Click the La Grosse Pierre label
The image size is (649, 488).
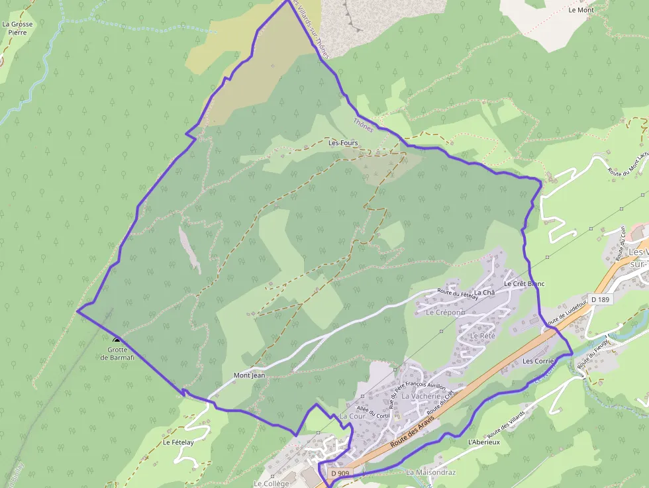tap(17, 28)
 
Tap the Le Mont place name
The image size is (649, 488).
tap(581, 10)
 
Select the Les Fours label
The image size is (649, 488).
tap(343, 142)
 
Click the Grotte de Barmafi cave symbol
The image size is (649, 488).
tap(117, 340)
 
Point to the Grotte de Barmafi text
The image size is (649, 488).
tap(117, 354)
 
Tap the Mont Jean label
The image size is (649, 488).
tap(249, 375)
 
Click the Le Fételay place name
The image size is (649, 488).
tap(178, 442)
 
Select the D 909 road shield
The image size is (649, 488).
tap(339, 473)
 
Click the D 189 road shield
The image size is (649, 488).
tap(600, 299)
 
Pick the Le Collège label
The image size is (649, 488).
tap(272, 483)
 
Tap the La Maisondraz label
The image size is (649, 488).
tap(431, 472)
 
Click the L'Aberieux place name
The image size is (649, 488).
tap(483, 442)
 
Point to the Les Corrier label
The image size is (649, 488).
tap(538, 361)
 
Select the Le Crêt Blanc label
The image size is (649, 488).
tap(524, 283)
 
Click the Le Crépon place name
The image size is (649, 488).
tap(443, 312)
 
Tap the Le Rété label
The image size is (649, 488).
tap(482, 336)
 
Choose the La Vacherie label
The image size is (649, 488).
tap(421, 396)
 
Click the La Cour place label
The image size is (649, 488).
tap(352, 416)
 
